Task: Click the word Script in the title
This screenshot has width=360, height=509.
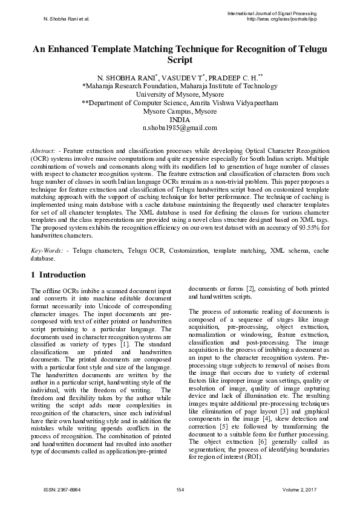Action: (x=180, y=61)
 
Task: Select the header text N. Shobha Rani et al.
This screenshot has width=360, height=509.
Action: (x=67, y=19)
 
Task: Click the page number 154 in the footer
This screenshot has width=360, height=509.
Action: (x=180, y=489)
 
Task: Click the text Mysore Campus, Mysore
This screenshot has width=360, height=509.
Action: (x=180, y=112)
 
